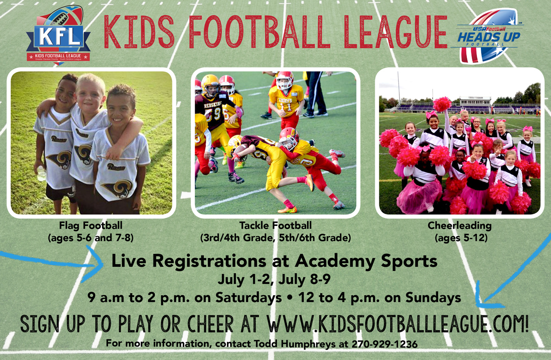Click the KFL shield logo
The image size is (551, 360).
click(x=58, y=35)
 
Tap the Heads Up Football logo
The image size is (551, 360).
click(x=489, y=36)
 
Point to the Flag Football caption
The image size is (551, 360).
click(x=90, y=225)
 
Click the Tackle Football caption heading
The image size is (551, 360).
click(x=275, y=225)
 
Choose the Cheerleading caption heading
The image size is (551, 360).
click(x=460, y=225)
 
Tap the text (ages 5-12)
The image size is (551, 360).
click(x=460, y=237)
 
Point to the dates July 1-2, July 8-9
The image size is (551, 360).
click(x=274, y=280)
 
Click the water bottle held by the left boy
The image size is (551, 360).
click(x=41, y=174)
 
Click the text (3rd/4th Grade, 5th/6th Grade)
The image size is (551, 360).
click(x=275, y=237)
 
